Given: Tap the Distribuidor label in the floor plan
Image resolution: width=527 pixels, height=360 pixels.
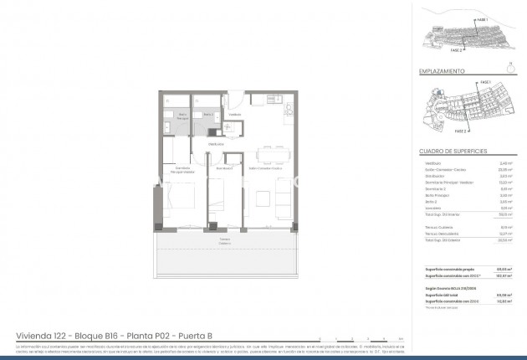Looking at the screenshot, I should [x=216, y=144].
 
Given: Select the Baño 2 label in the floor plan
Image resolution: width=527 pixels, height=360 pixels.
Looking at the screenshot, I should [x=209, y=114].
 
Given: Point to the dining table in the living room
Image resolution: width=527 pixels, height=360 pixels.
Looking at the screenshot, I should [x=274, y=156].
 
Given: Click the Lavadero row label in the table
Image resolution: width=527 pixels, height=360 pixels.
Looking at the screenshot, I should [x=427, y=208].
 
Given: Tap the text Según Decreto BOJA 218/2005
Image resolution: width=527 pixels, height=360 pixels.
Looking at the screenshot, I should [x=443, y=287].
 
